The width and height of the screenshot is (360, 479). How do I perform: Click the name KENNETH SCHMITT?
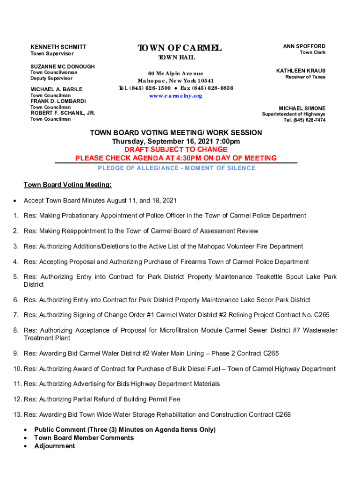tap(58, 47)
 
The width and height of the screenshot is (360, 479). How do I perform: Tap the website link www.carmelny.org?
tap(175, 96)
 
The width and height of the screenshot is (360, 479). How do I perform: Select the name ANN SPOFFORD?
tap(304, 46)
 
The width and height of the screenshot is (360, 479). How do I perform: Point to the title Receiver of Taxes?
tap(305, 77)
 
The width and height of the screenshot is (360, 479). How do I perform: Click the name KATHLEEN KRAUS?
tap(301, 71)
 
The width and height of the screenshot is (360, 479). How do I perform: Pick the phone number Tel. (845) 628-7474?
tap(304, 120)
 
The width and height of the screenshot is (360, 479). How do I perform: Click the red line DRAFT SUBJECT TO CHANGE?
tap(176, 150)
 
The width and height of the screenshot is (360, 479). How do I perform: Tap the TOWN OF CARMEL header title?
tap(179, 48)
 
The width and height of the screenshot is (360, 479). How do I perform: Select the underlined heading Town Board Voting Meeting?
tap(67, 185)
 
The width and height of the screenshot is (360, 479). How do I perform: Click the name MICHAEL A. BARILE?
tap(56, 89)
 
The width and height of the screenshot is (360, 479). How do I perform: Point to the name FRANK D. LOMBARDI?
tap(58, 101)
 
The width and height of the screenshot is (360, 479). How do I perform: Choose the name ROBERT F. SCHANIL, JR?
tap(63, 113)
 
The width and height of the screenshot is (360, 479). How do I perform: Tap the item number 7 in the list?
tap(15, 315)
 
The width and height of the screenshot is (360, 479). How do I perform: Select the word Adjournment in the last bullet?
tap(54, 446)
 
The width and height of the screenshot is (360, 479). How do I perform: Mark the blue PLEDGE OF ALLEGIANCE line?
tap(176, 168)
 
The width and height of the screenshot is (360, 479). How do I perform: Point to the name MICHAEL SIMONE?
tap(302, 108)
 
